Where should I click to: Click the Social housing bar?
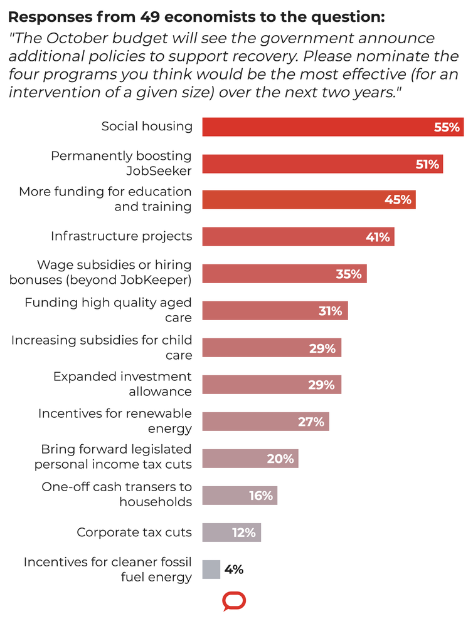tap(332, 127)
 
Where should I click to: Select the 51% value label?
tap(427, 165)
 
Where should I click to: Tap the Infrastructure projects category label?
tap(121, 236)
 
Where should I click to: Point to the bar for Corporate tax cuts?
tap(231, 533)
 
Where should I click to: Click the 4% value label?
tap(233, 570)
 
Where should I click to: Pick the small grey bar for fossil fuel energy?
tap(211, 570)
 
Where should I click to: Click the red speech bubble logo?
tap(234, 601)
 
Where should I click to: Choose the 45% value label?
tap(398, 200)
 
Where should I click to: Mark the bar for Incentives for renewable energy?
tap(265, 422)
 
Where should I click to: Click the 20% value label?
tap(280, 459)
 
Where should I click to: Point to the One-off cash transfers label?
tap(117, 494)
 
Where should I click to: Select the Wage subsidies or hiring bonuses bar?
tap(284, 274)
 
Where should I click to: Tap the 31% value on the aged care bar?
tap(330, 311)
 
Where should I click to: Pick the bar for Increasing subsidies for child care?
tap(272, 348)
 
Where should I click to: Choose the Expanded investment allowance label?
tap(122, 384)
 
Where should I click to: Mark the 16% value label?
tap(260, 496)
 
